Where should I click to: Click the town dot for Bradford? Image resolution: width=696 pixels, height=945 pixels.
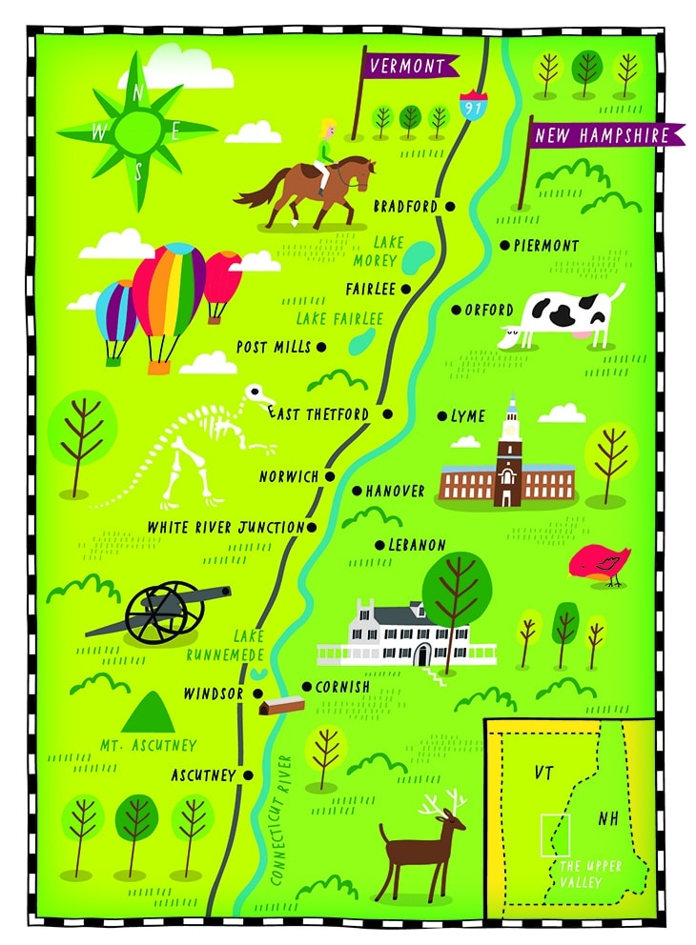click(450, 206)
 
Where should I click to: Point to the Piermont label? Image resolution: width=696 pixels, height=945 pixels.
click(546, 246)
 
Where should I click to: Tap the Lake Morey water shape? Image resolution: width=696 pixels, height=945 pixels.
click(417, 255)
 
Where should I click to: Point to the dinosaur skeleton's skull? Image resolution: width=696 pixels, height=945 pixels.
click(257, 393)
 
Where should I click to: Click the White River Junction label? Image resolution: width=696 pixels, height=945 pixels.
click(225, 527)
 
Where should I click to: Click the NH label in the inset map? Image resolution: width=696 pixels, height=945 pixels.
click(607, 818)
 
